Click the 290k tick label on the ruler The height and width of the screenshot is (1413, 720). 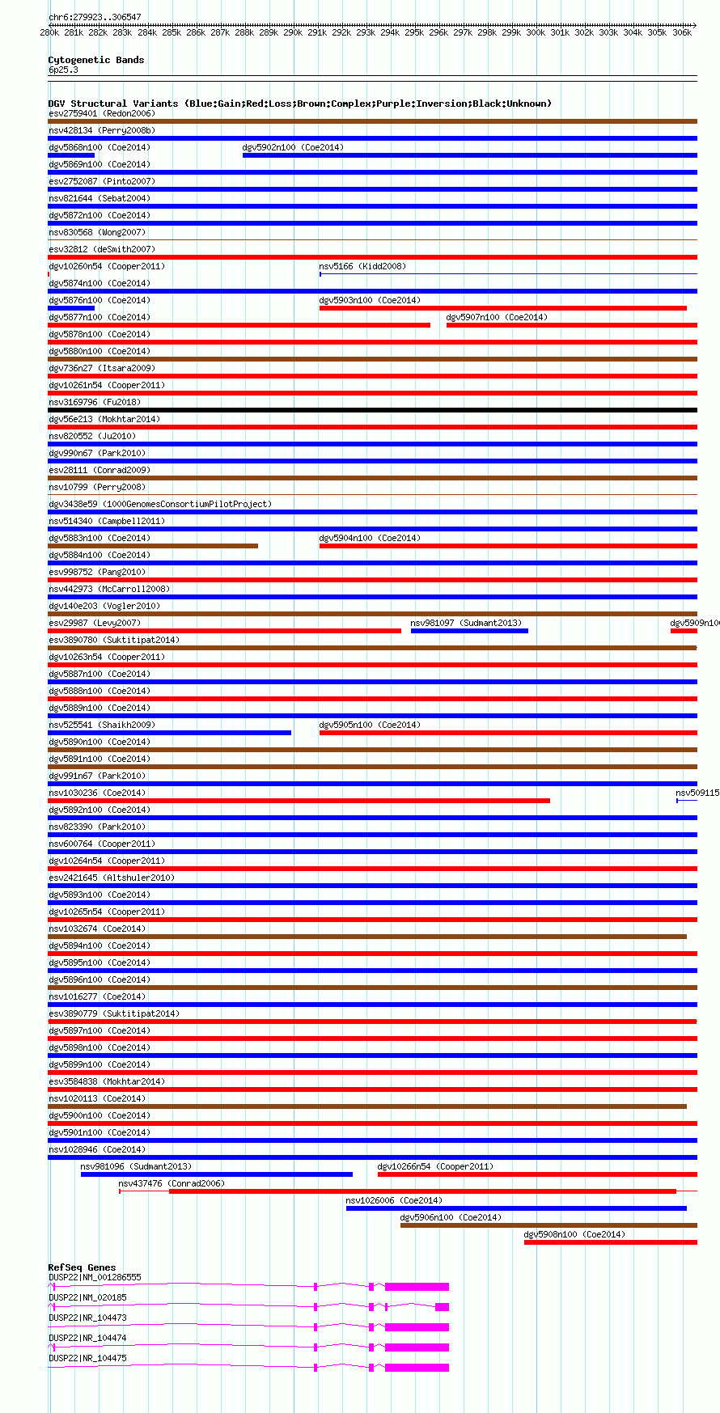[x=293, y=33]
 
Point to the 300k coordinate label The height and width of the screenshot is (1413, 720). [x=536, y=33]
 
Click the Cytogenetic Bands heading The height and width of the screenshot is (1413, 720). [x=96, y=60]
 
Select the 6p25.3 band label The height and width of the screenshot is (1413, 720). [x=63, y=70]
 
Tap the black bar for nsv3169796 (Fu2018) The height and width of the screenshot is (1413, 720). [x=372, y=410]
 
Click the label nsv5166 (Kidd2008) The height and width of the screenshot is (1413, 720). [x=362, y=266]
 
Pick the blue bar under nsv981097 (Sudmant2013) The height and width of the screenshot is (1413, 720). [x=469, y=631]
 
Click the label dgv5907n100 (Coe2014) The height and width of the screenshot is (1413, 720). [x=497, y=317]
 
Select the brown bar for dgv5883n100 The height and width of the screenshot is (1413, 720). [x=153, y=546]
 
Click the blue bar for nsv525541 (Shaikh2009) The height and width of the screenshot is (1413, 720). [x=169, y=733]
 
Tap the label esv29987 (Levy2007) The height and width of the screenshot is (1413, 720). [x=95, y=623]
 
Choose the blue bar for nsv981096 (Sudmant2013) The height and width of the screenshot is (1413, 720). [x=216, y=1174]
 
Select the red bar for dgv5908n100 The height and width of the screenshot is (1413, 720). [x=610, y=1242]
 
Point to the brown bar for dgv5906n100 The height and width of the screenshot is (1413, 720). [x=548, y=1225]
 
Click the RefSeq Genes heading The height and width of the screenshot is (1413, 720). [x=82, y=1267]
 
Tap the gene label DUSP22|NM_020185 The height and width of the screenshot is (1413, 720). [x=87, y=1297]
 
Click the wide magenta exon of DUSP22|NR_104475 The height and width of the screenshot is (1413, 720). [x=417, y=1368]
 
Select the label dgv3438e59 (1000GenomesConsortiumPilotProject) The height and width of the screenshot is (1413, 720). [x=160, y=504]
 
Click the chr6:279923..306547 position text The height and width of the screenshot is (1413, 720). [x=95, y=17]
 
